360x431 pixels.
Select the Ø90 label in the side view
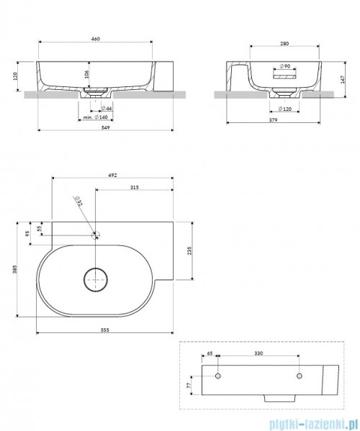click(x=284, y=66)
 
